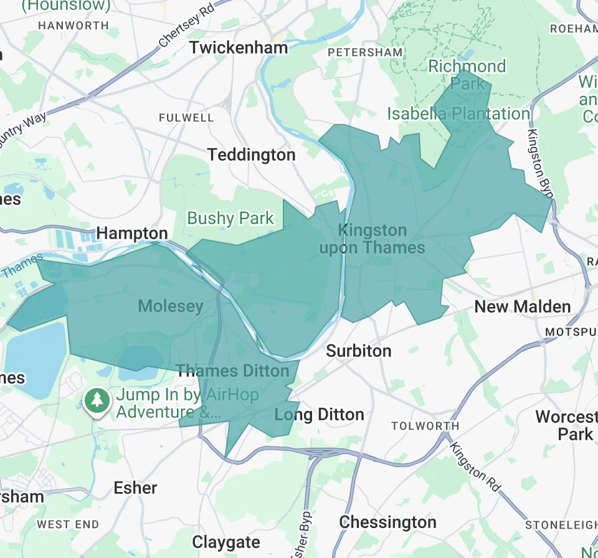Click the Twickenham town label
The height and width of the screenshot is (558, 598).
pos(239,47)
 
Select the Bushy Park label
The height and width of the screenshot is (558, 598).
pos(230,219)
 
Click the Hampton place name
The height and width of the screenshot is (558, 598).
pos(132,234)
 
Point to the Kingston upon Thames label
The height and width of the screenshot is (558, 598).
pos(372,239)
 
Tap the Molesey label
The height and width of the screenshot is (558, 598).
pos(170,306)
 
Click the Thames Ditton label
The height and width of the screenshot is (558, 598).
pos(232,371)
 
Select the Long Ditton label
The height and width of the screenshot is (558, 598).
pos(319,415)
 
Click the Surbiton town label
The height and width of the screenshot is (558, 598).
pos(359,351)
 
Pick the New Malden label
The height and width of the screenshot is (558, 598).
pos(522,306)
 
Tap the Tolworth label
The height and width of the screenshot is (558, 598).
pos(425,426)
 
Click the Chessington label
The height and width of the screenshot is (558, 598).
pos(387,522)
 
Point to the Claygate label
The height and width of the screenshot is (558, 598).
pos(226,542)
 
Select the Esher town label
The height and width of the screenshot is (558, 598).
pos(135,488)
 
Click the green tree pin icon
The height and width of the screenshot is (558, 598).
pos(97,400)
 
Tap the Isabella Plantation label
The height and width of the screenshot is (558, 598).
pos(458,114)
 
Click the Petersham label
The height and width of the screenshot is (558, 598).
pos(365,52)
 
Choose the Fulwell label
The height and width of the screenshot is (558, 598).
pos(186,118)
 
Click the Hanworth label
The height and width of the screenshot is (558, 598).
pos(74,26)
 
